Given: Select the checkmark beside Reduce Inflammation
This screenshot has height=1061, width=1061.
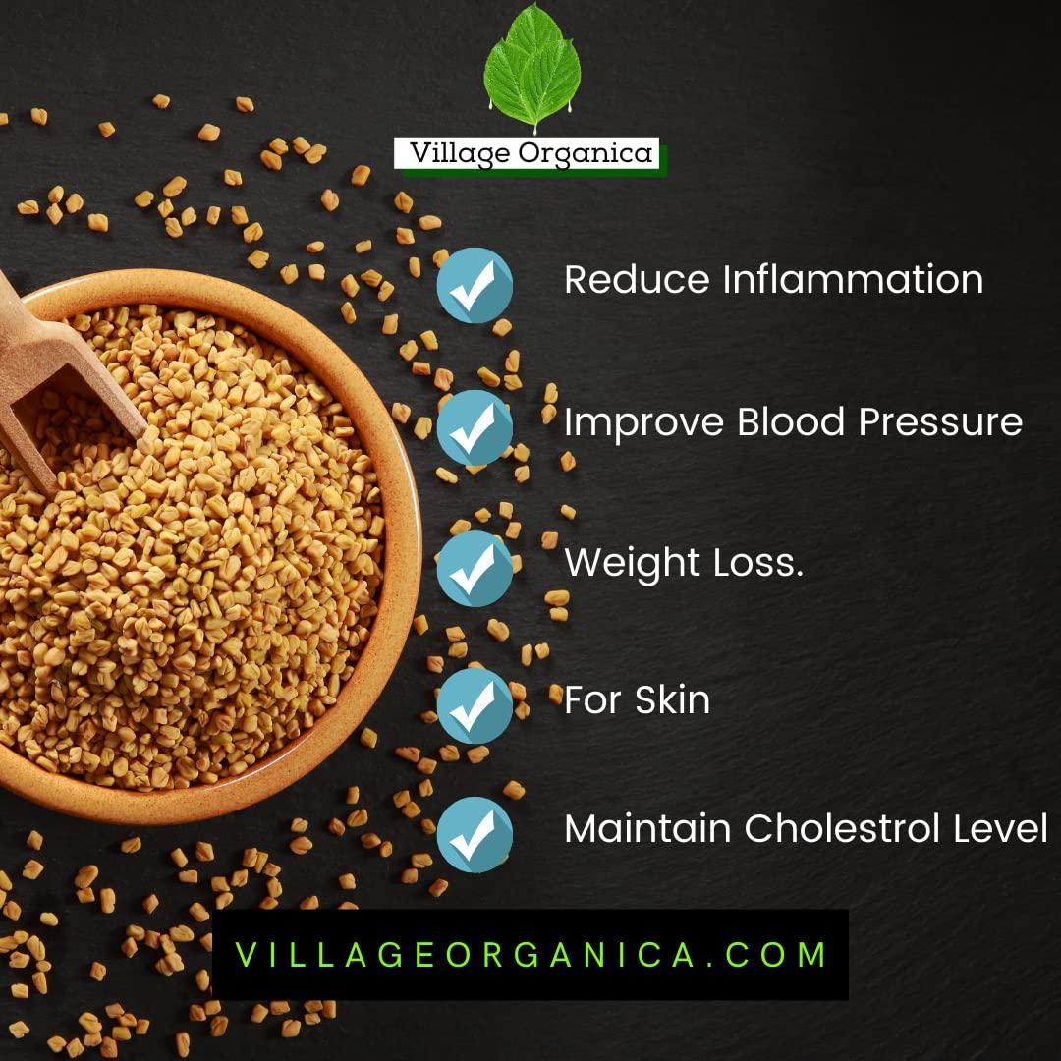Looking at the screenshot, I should tap(475, 285).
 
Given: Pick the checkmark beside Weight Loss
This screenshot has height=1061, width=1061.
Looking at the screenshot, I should tap(475, 568).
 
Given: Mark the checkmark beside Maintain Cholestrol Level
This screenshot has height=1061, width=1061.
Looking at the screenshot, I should tap(475, 835).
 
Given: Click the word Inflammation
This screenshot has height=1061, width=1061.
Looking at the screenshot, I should tap(853, 280).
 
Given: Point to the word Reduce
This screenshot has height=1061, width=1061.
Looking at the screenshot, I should tap(637, 280).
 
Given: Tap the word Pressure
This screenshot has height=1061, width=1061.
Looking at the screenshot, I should tap(939, 422).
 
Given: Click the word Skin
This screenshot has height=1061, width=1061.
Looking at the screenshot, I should tap(672, 700).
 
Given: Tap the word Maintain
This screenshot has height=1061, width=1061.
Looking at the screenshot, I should tap(647, 829).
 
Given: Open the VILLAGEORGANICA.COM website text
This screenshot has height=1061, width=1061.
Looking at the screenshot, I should tap(530, 955).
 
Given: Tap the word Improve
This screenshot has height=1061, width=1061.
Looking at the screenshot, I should tap(644, 422).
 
